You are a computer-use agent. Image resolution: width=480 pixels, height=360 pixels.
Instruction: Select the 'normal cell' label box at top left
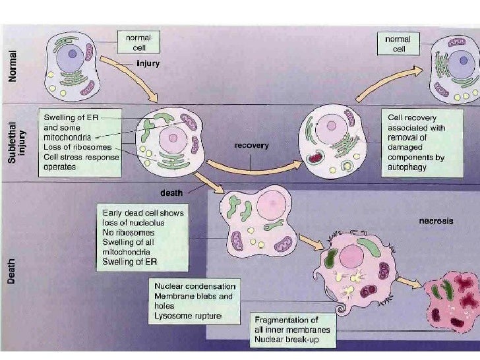138,43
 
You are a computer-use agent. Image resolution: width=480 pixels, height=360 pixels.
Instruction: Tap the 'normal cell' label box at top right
398,44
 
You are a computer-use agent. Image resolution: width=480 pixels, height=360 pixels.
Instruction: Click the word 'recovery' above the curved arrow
251,145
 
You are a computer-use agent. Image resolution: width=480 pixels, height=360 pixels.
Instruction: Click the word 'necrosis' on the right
436,221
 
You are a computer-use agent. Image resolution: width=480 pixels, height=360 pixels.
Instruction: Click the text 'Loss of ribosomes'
77,147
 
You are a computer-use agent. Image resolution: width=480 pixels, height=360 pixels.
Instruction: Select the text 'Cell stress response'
82,157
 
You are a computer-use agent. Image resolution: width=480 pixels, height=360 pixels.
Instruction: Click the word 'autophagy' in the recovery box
407,167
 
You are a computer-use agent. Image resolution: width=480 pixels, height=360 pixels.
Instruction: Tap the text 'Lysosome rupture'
188,316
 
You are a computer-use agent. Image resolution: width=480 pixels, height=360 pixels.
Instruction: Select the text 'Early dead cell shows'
143,213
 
